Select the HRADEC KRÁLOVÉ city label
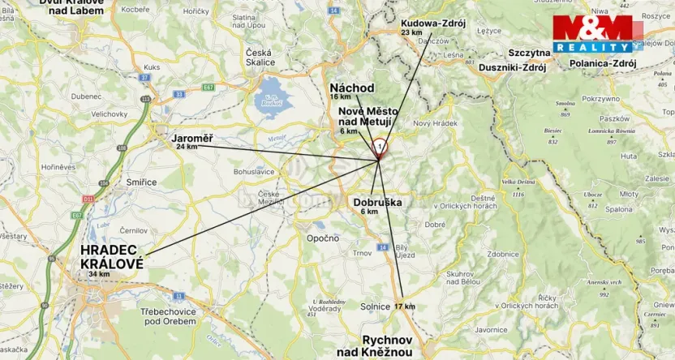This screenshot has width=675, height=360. click(112, 257)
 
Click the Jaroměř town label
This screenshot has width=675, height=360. click(191, 139)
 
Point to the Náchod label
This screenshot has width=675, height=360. click(351, 88)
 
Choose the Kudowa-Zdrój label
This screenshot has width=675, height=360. click(433, 23)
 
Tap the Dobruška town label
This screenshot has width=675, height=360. click(376, 203)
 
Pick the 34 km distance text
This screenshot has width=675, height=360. click(99, 274)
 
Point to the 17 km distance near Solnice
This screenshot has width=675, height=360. click(404, 306)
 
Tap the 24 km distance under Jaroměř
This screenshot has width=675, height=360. click(187, 147)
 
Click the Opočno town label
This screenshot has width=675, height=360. click(322, 238)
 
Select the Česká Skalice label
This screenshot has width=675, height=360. click(259, 57)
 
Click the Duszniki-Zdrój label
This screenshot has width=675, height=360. click(512, 67)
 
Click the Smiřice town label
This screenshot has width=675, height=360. click(141, 182)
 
